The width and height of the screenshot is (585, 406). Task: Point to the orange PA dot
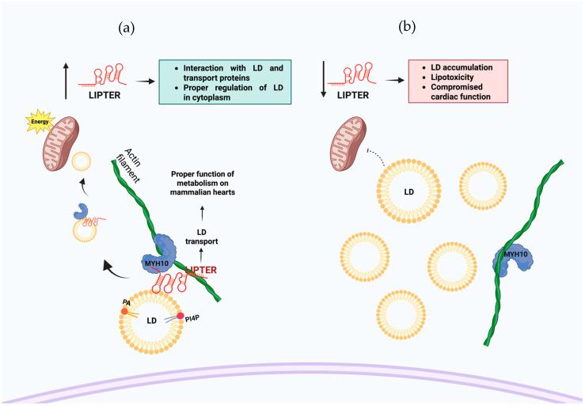(124, 311)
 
